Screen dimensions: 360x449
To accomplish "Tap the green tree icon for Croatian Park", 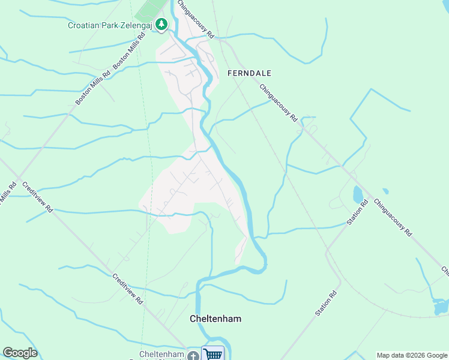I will pyautogui.click(x=161, y=25).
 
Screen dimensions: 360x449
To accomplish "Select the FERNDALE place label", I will pyautogui.click(x=250, y=73).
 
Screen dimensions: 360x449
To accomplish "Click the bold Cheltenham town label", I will pyautogui.click(x=215, y=319).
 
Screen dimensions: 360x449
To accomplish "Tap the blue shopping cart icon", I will pyautogui.click(x=212, y=355).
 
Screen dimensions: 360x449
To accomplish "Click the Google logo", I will pyautogui.click(x=20, y=353).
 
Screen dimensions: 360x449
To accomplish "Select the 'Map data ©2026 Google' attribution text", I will pyautogui.click(x=412, y=355).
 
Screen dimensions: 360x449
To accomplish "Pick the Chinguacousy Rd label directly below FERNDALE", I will pyautogui.click(x=279, y=103).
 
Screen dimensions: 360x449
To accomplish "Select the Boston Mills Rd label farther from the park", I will pyautogui.click(x=93, y=88).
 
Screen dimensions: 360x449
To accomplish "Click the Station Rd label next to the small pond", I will pyautogui.click(x=358, y=212).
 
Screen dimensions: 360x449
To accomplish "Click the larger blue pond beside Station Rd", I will pyautogui.click(x=358, y=194).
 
